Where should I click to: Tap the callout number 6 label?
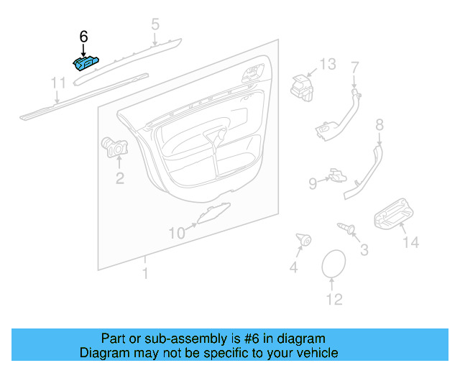coord(83,36)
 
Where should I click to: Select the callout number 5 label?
coord(155,26)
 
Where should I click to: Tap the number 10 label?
coord(177,232)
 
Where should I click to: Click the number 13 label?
coord(328,64)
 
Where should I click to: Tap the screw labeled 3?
coord(347,229)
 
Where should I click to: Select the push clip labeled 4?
coord(303,239)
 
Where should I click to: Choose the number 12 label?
coord(334,300)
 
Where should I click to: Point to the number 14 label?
coord(410,243)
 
